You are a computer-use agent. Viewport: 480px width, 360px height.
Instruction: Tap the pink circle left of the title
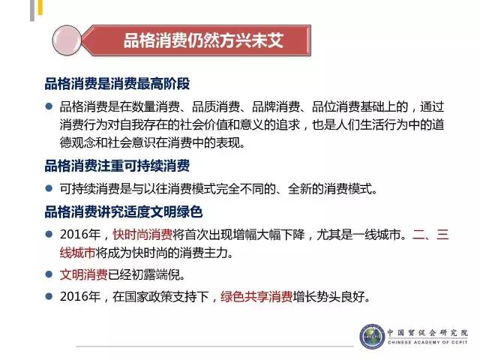[x=67, y=40]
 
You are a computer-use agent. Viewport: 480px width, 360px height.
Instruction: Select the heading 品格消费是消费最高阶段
[x=117, y=83]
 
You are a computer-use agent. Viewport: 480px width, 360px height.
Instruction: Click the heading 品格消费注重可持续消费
[x=117, y=166]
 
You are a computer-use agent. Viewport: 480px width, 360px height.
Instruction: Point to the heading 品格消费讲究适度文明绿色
[x=124, y=211]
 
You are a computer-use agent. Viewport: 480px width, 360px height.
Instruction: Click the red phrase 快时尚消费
[x=142, y=235]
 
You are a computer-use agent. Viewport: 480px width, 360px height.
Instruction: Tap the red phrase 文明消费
[x=83, y=274]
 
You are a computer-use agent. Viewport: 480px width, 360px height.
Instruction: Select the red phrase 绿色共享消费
[x=256, y=296]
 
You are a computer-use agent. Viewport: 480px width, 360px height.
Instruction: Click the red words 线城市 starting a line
[x=77, y=253]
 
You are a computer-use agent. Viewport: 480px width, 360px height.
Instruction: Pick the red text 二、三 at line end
[x=430, y=235]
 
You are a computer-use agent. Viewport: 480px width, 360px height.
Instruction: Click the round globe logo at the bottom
[x=372, y=337]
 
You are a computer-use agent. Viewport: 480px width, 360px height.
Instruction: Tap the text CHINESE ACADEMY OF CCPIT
[x=427, y=342]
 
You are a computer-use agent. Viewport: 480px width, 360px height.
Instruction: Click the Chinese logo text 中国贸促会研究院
[x=427, y=332]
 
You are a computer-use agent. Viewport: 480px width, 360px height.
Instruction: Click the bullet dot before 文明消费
[x=49, y=274]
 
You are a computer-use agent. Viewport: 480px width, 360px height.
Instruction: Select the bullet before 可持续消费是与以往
[x=49, y=188]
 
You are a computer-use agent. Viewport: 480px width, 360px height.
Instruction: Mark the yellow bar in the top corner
[x=40, y=7]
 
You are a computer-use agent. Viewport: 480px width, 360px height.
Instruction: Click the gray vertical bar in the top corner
[x=32, y=10]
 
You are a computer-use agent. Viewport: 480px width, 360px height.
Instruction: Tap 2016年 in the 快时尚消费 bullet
[x=80, y=235]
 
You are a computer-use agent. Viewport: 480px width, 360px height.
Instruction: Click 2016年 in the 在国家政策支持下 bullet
[x=80, y=296]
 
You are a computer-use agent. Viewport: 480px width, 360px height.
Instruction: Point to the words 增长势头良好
[x=328, y=296]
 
